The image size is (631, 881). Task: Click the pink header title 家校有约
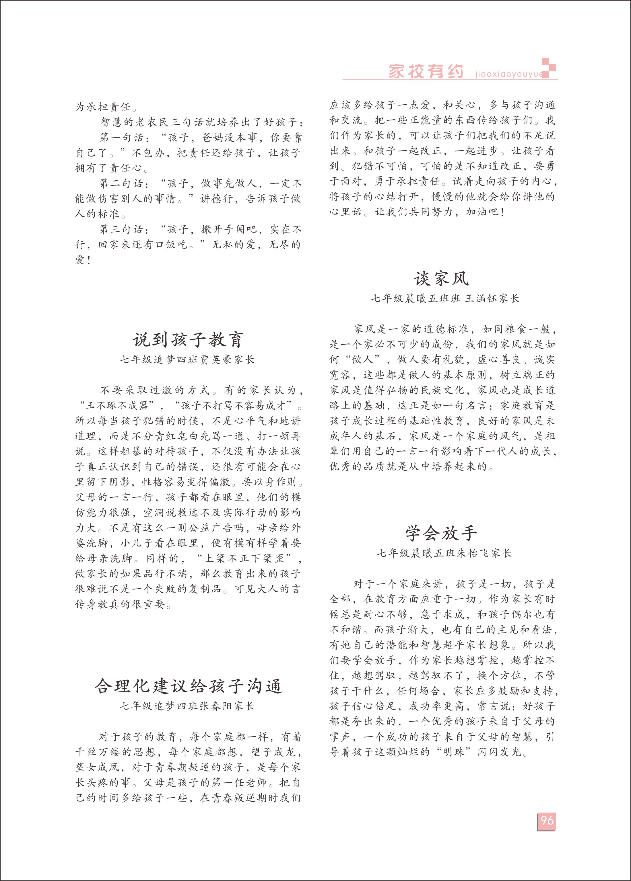pyautogui.click(x=426, y=71)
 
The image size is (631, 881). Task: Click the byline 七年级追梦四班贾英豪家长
pyautogui.click(x=187, y=360)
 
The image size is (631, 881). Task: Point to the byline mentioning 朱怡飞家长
pyautogui.click(x=444, y=553)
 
